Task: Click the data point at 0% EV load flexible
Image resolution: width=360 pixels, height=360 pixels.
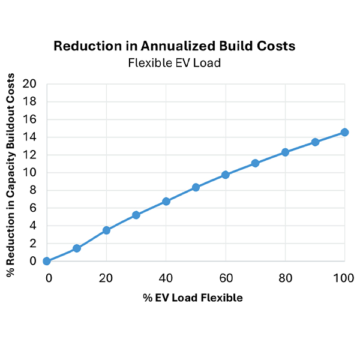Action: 47,261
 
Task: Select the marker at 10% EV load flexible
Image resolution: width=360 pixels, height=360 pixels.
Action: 77,248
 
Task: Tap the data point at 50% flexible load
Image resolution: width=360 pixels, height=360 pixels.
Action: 196,187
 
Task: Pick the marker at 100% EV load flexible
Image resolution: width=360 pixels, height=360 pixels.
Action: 344,132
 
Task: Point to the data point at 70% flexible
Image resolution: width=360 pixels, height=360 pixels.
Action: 255,163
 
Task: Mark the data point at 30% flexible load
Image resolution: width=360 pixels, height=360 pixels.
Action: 136,215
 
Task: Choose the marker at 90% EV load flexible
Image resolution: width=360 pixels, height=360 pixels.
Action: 315,142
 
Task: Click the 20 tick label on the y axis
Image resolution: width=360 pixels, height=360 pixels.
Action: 29,83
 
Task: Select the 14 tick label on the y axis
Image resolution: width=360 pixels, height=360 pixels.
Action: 29,137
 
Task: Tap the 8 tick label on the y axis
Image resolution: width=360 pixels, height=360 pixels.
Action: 32,190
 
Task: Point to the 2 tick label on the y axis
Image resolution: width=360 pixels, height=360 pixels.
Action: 32,244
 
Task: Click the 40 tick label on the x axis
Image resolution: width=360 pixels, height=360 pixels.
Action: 166,278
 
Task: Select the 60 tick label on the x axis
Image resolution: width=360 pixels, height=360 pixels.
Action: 226,278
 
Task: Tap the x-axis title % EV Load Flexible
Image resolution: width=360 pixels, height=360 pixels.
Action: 193,298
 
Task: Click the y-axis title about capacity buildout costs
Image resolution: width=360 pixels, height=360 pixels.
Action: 11,178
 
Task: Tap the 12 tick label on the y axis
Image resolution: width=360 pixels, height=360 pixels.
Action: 29,155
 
